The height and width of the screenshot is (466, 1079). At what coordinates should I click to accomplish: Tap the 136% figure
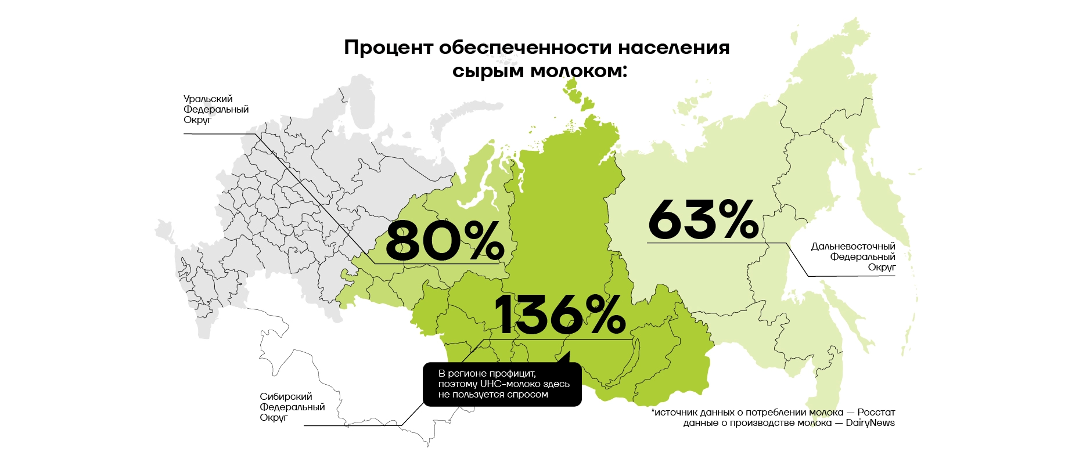[x=559, y=315]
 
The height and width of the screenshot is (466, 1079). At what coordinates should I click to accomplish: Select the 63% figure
[x=703, y=219]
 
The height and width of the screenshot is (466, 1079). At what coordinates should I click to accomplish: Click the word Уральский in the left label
[x=208, y=99]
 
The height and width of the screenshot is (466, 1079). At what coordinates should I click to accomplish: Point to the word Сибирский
[x=286, y=397]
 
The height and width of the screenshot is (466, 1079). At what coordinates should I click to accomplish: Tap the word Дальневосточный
[x=853, y=247]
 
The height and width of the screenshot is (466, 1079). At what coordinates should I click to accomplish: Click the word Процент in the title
[x=387, y=48]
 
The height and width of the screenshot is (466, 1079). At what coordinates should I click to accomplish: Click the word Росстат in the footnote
[x=876, y=413]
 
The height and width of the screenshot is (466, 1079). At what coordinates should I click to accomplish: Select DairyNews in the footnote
[x=870, y=423]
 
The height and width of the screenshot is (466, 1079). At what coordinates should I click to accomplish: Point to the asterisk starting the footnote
[x=653, y=411]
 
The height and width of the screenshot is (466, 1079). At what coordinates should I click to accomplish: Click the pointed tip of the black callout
[x=568, y=352]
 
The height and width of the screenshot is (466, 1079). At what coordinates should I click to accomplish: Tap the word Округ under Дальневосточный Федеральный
[x=882, y=268]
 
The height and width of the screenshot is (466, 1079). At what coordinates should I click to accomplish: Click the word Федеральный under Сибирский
[x=292, y=407]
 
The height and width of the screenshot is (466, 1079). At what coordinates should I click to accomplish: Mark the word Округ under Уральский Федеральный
[x=197, y=120]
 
